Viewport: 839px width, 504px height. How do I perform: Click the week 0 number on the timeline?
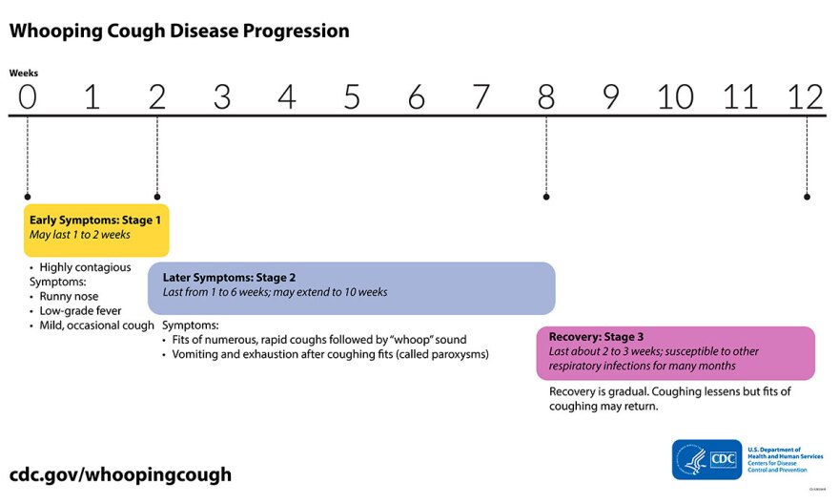(x=28, y=96)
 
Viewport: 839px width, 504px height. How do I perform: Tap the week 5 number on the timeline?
(x=351, y=96)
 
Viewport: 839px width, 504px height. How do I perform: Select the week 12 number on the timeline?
(x=806, y=96)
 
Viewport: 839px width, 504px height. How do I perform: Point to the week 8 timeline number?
(x=545, y=96)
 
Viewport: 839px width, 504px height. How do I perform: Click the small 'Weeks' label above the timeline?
(x=24, y=73)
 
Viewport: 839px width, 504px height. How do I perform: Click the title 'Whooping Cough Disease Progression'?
(x=179, y=31)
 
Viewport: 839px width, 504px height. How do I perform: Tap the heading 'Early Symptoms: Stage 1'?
(x=95, y=220)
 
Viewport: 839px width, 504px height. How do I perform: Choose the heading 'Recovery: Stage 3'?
(x=596, y=337)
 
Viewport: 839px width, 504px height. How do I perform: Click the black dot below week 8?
(x=546, y=197)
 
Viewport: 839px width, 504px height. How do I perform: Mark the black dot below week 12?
(x=807, y=197)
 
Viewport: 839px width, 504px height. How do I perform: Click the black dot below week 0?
(x=28, y=197)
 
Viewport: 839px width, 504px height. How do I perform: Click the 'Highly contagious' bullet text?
(x=85, y=267)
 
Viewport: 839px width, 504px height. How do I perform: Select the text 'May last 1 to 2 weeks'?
(x=80, y=235)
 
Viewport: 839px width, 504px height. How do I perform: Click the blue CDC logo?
(x=706, y=459)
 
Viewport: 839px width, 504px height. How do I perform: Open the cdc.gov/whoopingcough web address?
(x=120, y=474)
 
